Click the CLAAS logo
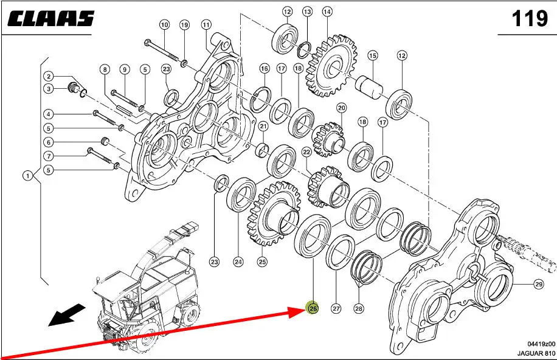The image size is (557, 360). [x=51, y=19]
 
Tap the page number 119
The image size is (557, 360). [x=530, y=18]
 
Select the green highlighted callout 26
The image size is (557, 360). [x=313, y=308]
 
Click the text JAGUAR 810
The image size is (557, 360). [x=536, y=353]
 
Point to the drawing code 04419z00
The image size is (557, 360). [x=541, y=344]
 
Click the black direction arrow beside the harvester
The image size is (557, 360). [x=66, y=314]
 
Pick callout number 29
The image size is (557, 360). [x=539, y=284]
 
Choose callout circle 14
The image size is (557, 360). [x=327, y=12]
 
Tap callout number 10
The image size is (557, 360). [x=164, y=25]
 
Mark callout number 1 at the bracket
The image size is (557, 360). [x=28, y=176]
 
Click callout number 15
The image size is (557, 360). [x=372, y=55]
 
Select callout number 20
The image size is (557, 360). [x=341, y=108]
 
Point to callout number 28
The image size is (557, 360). [x=359, y=308]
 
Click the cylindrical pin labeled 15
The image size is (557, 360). [x=370, y=86]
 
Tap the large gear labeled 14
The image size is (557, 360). [x=331, y=66]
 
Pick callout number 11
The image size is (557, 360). [x=206, y=25]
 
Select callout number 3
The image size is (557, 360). [x=49, y=89]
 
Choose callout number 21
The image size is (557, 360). [x=263, y=126]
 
